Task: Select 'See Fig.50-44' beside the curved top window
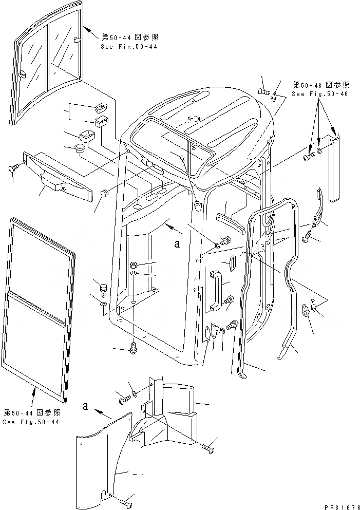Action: pos(129,47)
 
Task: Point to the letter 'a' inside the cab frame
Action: pos(177,245)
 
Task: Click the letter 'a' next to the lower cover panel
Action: pos(85,406)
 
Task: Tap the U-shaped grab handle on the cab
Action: pos(216,291)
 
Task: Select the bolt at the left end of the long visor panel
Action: pos(13,168)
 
